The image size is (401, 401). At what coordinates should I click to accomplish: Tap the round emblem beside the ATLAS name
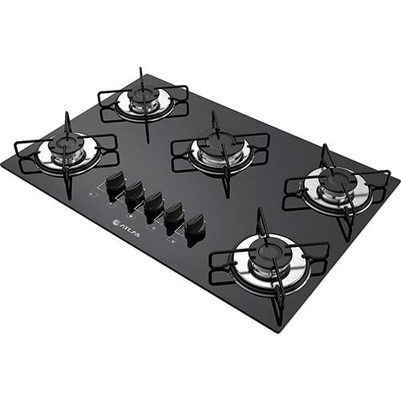click(x=115, y=222)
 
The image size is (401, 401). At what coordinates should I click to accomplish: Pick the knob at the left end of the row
click(x=115, y=182)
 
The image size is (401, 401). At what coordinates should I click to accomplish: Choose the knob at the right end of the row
click(x=194, y=227)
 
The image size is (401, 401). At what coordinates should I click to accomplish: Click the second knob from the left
click(x=134, y=193)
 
